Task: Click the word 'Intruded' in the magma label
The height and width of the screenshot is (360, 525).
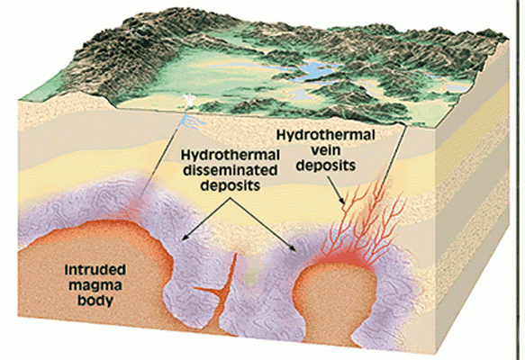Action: [95, 270]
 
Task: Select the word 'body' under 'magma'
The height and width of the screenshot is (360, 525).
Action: [95, 300]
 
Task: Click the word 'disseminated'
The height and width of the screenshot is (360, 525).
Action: [231, 171]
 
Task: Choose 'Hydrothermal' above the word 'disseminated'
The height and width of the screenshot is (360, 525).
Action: [231, 155]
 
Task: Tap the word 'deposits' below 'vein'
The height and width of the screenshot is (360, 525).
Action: [326, 166]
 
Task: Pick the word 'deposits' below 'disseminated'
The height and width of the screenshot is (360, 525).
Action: [231, 185]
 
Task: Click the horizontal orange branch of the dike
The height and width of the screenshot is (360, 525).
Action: [207, 291]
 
